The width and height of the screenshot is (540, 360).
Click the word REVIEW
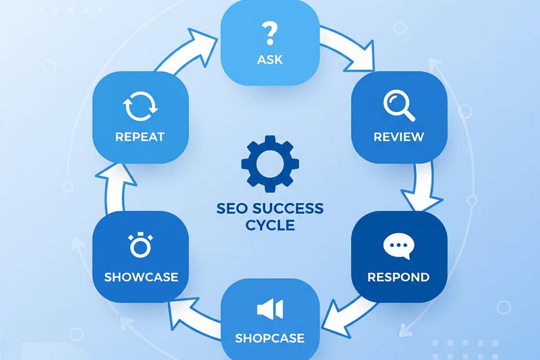[x=399, y=138]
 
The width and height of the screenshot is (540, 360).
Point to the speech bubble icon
[x=399, y=246]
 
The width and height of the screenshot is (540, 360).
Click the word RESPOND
[x=399, y=276]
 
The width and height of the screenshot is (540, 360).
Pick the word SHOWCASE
[x=140, y=276]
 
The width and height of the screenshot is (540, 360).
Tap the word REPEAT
[x=140, y=138]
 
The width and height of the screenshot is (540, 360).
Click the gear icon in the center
[x=270, y=164]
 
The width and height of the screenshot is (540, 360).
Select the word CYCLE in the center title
[x=270, y=225]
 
